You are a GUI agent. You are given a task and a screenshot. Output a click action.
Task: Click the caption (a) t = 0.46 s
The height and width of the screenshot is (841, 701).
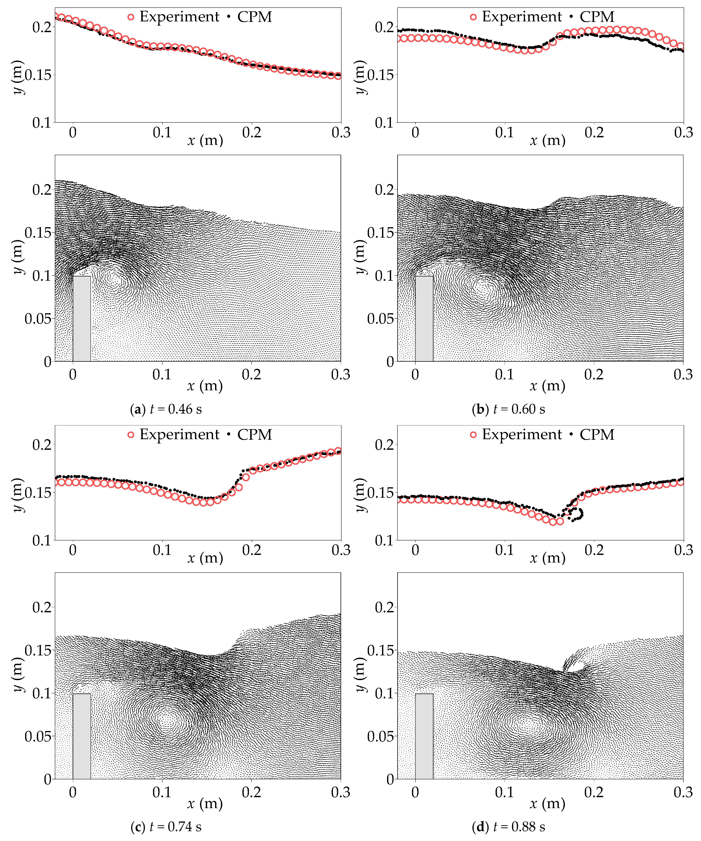[x=166, y=409]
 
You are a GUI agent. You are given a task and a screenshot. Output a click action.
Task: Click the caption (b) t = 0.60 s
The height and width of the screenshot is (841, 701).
[x=508, y=409]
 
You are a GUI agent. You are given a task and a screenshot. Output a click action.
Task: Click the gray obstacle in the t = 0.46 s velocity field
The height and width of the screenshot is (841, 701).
[x=82, y=318]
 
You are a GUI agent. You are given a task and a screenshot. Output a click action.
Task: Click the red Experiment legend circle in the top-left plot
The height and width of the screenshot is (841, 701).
[x=131, y=17]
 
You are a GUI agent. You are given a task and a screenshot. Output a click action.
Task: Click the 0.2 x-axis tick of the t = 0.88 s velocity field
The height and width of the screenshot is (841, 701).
[x=594, y=792]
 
